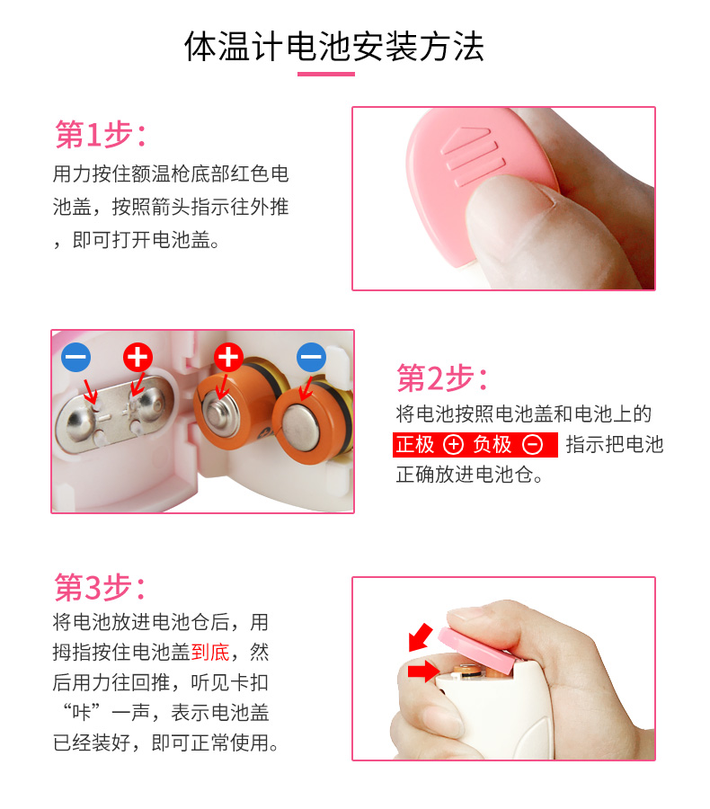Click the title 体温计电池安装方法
(x=333, y=47)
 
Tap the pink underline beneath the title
(x=326, y=75)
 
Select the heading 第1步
(x=100, y=135)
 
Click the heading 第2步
(x=441, y=378)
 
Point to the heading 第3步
(x=100, y=587)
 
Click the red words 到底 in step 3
(x=210, y=653)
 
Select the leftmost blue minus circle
(x=75, y=357)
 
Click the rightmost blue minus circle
(x=311, y=357)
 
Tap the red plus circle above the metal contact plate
(x=138, y=357)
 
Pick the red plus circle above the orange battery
(x=228, y=357)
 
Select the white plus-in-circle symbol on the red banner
(x=453, y=445)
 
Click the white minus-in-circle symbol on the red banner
(x=532, y=445)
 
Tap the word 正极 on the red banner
(x=415, y=445)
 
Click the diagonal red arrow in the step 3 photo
(x=421, y=637)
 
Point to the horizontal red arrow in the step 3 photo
(x=423, y=671)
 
